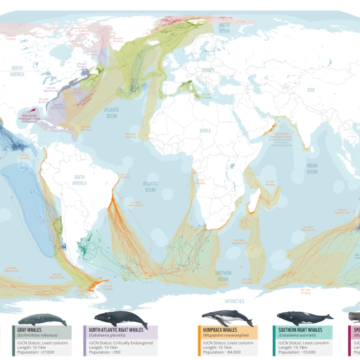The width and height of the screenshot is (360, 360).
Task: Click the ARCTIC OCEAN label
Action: click(224, 30)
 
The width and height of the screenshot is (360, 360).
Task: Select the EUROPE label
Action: click(207, 70)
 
